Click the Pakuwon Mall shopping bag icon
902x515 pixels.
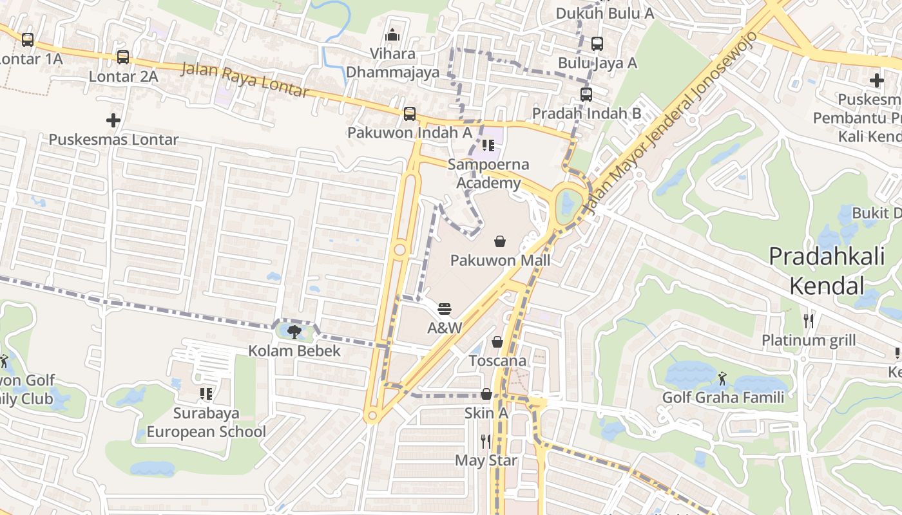coord(499,241)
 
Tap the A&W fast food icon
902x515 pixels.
coord(445,309)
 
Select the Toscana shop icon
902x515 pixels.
coord(497,342)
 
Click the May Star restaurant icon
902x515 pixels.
coord(486,442)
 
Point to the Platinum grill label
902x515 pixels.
coord(809,340)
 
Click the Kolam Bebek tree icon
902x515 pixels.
coord(294,332)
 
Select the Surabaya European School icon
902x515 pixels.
coord(206,393)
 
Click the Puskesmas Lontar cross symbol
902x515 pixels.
coord(113,120)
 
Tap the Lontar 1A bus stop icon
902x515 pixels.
coord(28,40)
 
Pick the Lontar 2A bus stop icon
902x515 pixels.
coord(123,57)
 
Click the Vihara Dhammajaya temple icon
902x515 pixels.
coord(392,35)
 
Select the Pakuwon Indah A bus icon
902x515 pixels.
coord(410,114)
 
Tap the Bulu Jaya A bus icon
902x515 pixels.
coord(597,44)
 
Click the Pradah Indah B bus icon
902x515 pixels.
coord(586,95)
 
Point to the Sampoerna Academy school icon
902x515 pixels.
coord(488,145)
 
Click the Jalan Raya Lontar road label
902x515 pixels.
coord(245,80)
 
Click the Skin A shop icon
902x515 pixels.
coord(486,394)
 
